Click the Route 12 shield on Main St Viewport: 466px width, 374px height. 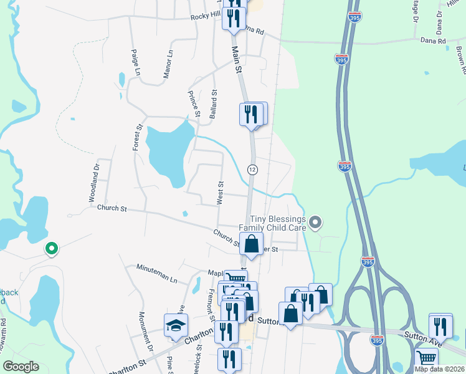252,170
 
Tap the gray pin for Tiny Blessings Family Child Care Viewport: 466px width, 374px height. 316,222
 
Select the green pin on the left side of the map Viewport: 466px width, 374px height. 52,249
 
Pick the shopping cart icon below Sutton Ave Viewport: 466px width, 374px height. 427,358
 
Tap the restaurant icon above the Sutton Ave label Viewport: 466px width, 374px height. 440,325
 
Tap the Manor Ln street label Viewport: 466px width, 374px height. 166,65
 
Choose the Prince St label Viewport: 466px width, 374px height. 194,103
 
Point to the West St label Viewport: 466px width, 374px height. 220,192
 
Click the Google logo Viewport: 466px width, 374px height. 21,367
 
